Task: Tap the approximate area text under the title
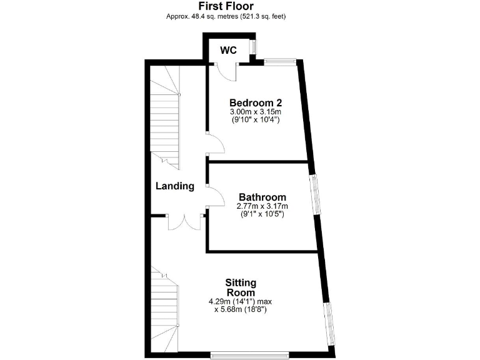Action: pyautogui.click(x=226, y=16)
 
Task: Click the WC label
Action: pyautogui.click(x=228, y=50)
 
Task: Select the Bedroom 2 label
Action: pyautogui.click(x=256, y=103)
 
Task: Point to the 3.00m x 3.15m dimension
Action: pyautogui.click(x=256, y=112)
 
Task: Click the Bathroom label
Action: pyautogui.click(x=262, y=197)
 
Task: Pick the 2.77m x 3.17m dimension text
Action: pyautogui.click(x=262, y=206)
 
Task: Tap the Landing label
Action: pyautogui.click(x=175, y=186)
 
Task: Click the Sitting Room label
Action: pyautogui.click(x=241, y=287)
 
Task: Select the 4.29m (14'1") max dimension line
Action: pyautogui.click(x=241, y=301)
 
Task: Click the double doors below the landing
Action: pyautogui.click(x=184, y=222)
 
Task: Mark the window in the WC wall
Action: pyautogui.click(x=252, y=47)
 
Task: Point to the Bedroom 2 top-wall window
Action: pyautogui.click(x=279, y=61)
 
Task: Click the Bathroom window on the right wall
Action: pyautogui.click(x=316, y=195)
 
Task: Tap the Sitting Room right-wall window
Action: pyautogui.click(x=331, y=322)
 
